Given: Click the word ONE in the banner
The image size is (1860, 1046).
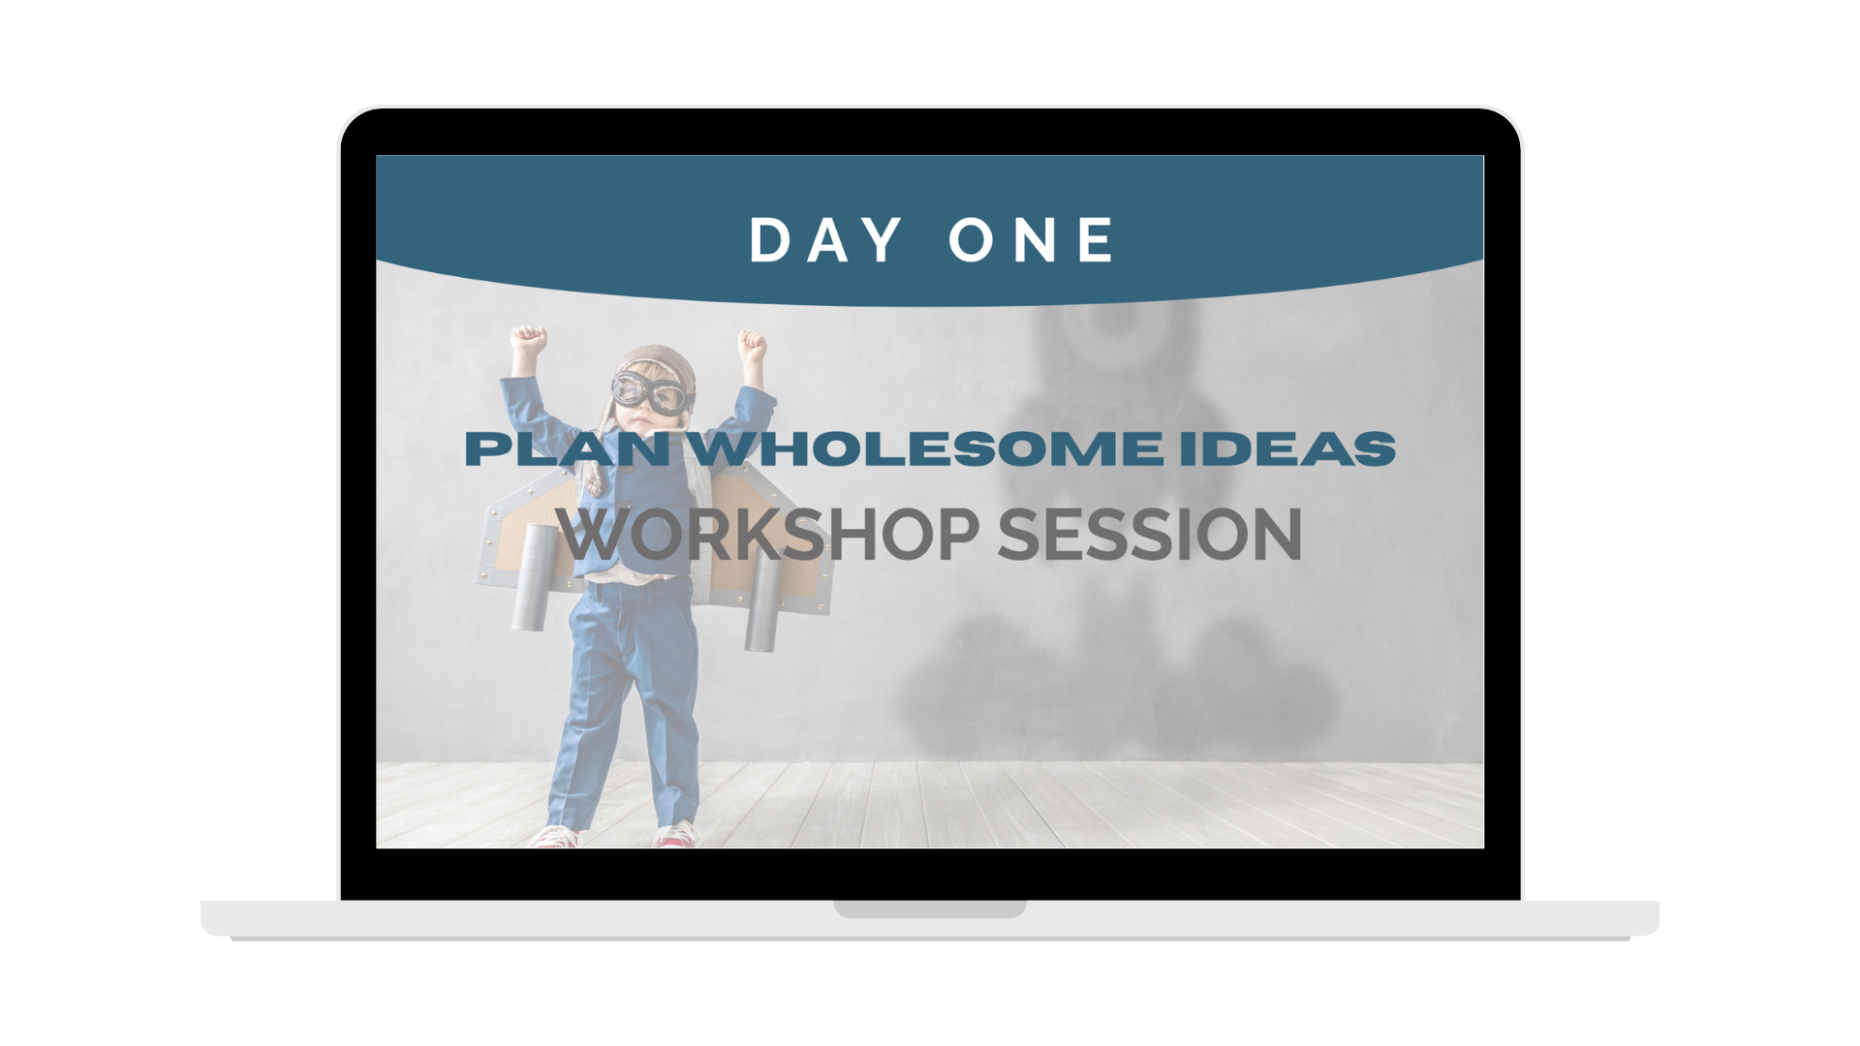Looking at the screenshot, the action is [x=1032, y=239].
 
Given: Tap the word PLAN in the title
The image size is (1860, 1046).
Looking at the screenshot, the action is [x=568, y=448].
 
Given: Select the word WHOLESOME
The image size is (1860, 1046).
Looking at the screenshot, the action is [x=929, y=448].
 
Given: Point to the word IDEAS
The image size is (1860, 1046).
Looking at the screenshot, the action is [x=1287, y=448].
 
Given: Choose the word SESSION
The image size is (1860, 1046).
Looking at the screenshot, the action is [x=1150, y=534].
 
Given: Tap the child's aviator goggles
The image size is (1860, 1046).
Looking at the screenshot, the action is [x=654, y=392].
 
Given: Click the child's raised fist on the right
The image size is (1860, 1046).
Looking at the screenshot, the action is [x=753, y=345].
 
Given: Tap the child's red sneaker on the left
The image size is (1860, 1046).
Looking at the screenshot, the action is [x=557, y=836].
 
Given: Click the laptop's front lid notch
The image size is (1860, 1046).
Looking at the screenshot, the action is [x=930, y=908].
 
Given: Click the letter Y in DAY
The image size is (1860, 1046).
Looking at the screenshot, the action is [x=884, y=239].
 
